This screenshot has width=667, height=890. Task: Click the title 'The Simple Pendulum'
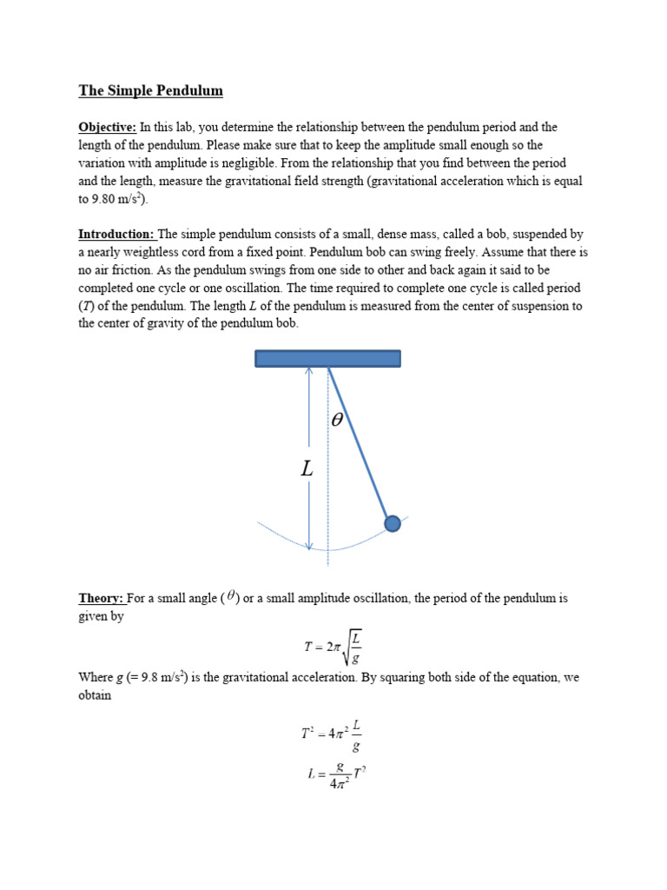click(x=151, y=90)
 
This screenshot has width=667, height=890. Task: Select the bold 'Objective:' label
click(x=108, y=127)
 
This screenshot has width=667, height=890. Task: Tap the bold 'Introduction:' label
click(x=117, y=234)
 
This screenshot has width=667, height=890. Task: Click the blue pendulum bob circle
click(x=393, y=523)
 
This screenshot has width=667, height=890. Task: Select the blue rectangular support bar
click(x=327, y=358)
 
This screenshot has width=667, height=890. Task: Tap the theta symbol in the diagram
click(x=338, y=420)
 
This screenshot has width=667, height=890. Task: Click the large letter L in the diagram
click(x=307, y=469)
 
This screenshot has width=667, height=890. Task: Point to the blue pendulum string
click(x=360, y=443)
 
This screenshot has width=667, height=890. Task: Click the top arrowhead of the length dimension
click(x=309, y=371)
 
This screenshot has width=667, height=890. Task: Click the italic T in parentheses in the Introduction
click(x=87, y=305)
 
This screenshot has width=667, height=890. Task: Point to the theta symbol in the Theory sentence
click(x=230, y=597)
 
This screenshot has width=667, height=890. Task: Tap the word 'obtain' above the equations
click(x=95, y=695)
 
